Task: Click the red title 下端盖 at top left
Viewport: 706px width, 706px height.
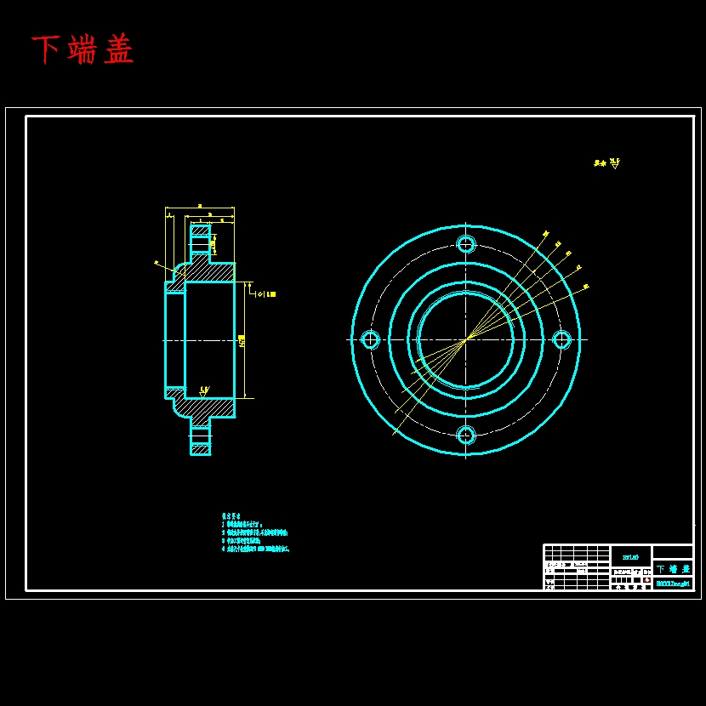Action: pyautogui.click(x=83, y=50)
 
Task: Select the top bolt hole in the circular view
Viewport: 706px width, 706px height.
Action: pyautogui.click(x=466, y=244)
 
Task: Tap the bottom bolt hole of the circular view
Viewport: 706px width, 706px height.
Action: pyautogui.click(x=466, y=436)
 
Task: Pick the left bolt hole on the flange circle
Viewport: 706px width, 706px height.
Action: pyautogui.click(x=370, y=340)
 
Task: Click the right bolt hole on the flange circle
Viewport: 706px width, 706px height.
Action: pyautogui.click(x=561, y=340)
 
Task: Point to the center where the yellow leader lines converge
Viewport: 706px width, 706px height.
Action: pyautogui.click(x=466, y=340)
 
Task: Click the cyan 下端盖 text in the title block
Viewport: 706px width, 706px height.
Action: pyautogui.click(x=673, y=568)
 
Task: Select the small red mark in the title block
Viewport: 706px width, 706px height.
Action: pyautogui.click(x=646, y=579)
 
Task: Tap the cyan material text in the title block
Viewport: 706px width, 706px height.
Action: pyautogui.click(x=630, y=556)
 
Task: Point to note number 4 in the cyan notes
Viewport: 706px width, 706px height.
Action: pyautogui.click(x=224, y=549)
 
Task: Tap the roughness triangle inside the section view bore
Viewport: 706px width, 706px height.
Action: pyautogui.click(x=204, y=391)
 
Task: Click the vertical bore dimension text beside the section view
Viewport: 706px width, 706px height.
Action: pyautogui.click(x=242, y=340)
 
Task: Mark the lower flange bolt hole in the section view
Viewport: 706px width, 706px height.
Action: pyautogui.click(x=200, y=436)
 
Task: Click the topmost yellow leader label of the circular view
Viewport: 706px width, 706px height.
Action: pyautogui.click(x=545, y=233)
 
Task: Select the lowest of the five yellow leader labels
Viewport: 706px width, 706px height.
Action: pyautogui.click(x=586, y=287)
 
